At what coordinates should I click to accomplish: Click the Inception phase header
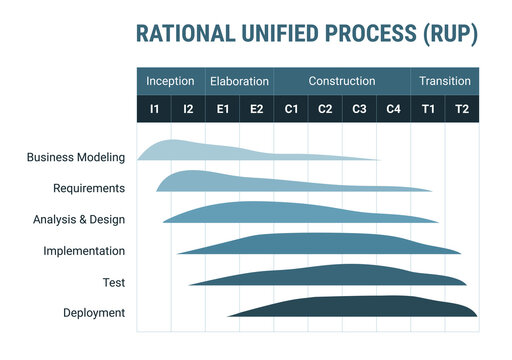pos(170,81)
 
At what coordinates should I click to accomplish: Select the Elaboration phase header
pos(238,81)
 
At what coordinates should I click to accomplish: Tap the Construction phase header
pos(342,81)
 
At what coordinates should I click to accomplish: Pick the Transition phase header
pos(445,81)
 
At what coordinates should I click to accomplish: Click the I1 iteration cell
pos(154,108)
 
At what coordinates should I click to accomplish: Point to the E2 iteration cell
pos(257,108)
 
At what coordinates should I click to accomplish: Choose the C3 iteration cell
pos(359,108)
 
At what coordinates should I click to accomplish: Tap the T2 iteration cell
pos(462,108)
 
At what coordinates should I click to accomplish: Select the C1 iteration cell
pos(291,108)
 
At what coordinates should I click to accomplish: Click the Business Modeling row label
pos(76,157)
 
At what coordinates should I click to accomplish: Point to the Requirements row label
pos(89,188)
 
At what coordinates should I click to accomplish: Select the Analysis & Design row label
pos(79,219)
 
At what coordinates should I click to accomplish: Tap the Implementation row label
pos(84,251)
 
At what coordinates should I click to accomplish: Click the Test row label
pos(114,282)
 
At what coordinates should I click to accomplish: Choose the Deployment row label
pos(94,313)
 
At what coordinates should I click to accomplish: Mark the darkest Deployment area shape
pos(360,307)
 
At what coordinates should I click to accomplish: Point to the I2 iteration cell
pos(188,108)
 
